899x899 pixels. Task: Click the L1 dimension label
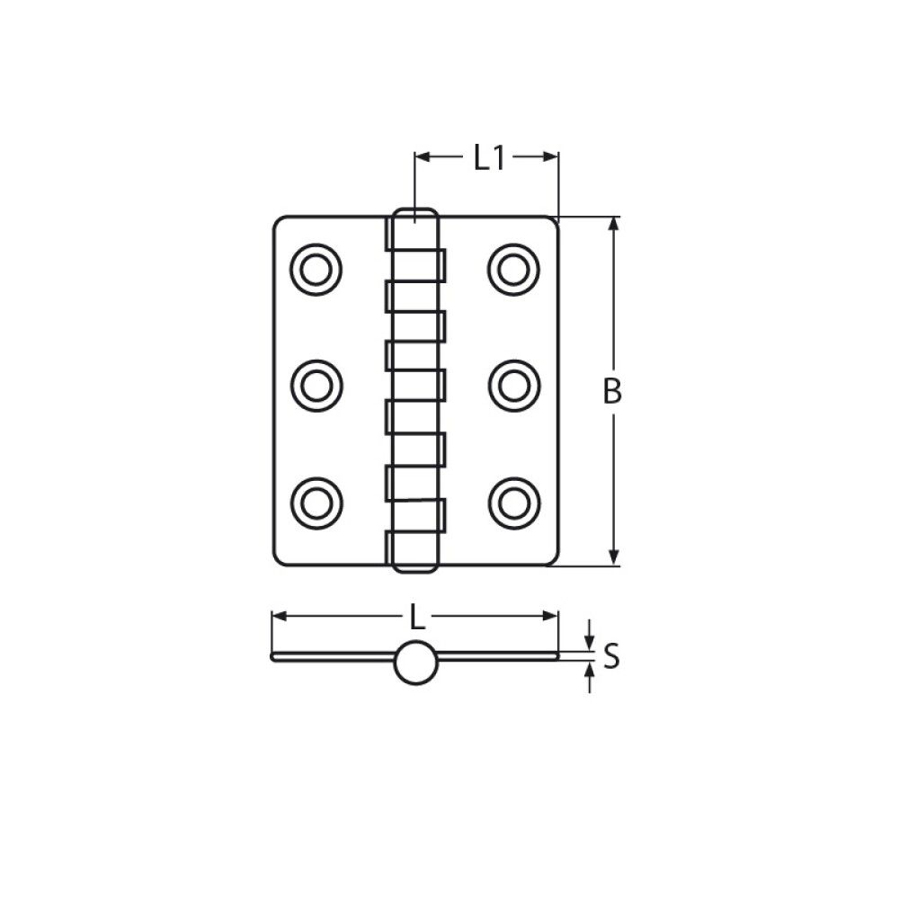[487, 158]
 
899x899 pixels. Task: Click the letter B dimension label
[612, 392]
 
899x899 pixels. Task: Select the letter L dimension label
[415, 617]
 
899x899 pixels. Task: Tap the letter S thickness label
[611, 657]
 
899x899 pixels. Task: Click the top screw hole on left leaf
[316, 268]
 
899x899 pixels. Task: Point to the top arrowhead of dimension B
[614, 225]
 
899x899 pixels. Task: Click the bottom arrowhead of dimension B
[614, 558]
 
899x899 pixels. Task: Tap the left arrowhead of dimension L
[279, 616]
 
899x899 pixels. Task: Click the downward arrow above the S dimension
[589, 641]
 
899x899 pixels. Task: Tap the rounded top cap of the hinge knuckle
[414, 216]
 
